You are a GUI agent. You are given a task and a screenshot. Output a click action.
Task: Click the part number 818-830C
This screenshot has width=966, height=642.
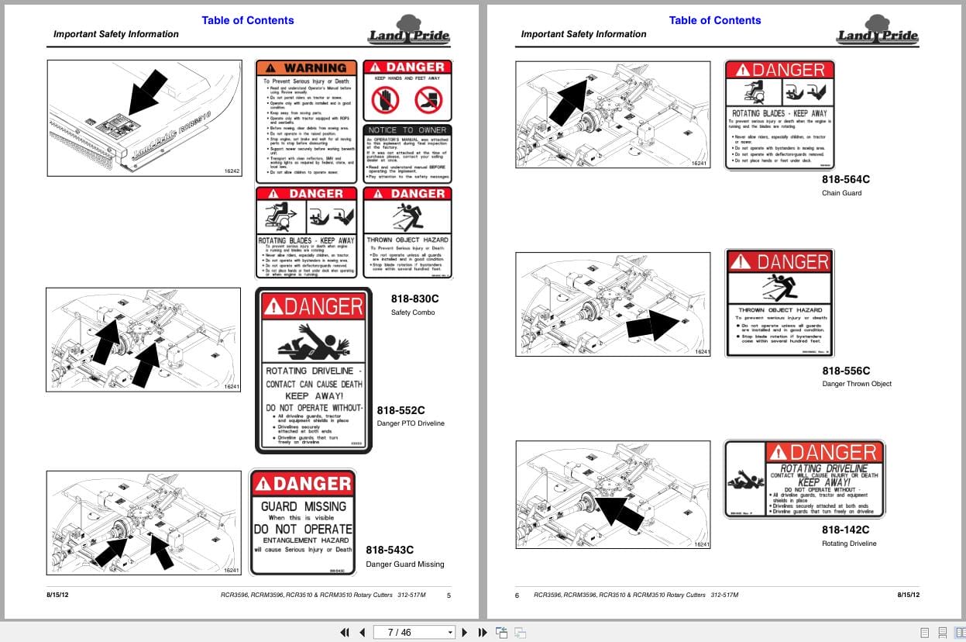click(414, 298)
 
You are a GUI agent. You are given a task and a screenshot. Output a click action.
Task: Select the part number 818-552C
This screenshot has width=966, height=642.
click(400, 410)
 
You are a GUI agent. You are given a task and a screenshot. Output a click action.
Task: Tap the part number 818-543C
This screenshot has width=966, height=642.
click(390, 550)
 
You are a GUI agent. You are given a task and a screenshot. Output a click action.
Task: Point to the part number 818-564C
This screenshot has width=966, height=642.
click(846, 179)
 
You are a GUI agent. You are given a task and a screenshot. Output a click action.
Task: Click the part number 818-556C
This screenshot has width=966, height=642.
click(846, 371)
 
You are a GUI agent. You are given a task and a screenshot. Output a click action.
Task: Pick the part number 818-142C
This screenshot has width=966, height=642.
click(846, 530)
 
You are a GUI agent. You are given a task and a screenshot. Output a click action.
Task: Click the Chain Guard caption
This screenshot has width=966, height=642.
click(841, 193)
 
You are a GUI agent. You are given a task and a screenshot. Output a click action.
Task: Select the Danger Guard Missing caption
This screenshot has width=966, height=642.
click(405, 564)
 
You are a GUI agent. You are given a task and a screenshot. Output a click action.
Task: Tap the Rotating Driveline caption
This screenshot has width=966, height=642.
click(849, 544)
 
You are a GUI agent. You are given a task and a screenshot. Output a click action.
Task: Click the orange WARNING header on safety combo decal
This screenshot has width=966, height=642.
click(307, 68)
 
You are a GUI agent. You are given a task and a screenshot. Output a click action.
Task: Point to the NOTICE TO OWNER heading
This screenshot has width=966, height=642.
click(407, 130)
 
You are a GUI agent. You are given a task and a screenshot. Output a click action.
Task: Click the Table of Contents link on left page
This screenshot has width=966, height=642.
click(248, 20)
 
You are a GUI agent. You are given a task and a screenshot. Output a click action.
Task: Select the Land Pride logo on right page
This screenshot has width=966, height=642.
click(877, 30)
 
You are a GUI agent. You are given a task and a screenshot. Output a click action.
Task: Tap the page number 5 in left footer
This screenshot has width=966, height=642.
click(449, 595)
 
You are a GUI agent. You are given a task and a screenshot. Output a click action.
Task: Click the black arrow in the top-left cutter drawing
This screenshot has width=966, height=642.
click(147, 91)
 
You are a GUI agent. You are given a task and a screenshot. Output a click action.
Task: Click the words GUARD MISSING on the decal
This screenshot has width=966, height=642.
click(302, 506)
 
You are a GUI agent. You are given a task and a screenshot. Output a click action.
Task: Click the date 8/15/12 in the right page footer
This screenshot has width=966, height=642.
click(908, 595)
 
